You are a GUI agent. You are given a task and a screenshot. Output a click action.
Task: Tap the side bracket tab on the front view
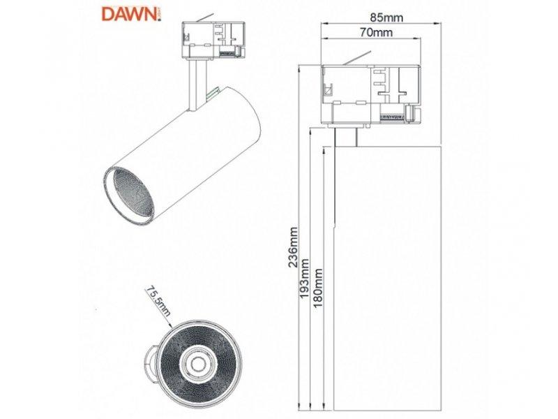pos(151,364)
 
